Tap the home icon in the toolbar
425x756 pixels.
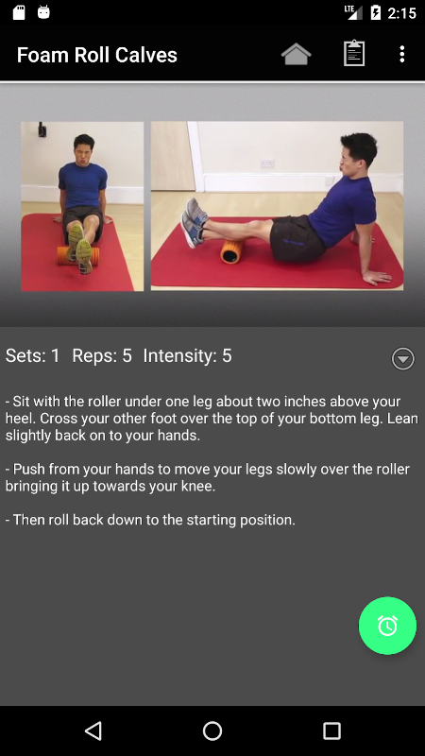[296, 54]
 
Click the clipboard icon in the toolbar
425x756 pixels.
[353, 53]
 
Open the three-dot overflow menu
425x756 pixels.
[402, 54]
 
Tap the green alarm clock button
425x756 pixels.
[387, 626]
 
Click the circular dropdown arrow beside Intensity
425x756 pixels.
[403, 359]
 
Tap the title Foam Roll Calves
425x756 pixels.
[97, 55]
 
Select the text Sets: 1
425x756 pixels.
[33, 356]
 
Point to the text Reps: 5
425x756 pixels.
[102, 356]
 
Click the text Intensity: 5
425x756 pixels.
[187, 356]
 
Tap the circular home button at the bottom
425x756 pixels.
[212, 730]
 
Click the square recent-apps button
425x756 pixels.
[331, 730]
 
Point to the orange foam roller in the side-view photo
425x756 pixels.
[232, 250]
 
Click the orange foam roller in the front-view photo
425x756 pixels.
[78, 255]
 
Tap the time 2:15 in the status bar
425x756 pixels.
[401, 13]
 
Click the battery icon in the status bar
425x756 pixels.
[375, 12]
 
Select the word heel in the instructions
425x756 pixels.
[20, 419]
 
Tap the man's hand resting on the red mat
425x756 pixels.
[376, 277]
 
